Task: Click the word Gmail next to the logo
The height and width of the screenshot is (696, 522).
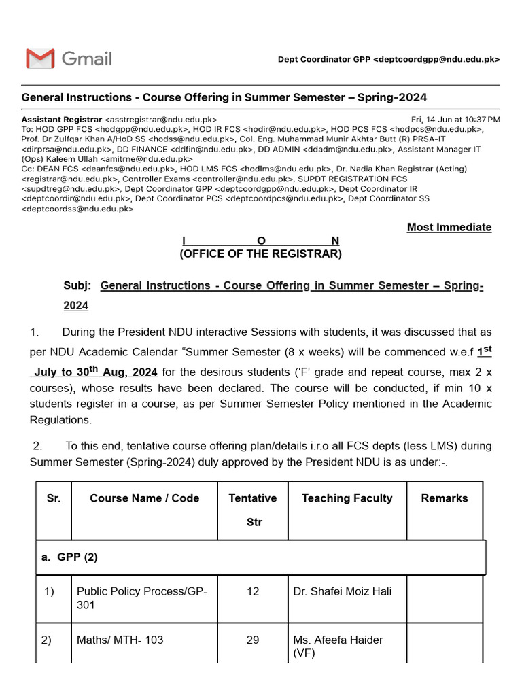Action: pos(86,58)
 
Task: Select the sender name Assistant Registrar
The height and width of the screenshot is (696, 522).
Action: pos(62,119)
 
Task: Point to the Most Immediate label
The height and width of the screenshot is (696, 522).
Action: pos(449,227)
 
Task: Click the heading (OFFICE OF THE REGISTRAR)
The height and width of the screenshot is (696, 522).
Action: pos(260,254)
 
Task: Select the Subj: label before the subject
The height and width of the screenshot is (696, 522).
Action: pos(77,286)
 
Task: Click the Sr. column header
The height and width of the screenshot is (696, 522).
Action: pos(54,498)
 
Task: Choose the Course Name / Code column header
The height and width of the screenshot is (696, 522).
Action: pos(144,498)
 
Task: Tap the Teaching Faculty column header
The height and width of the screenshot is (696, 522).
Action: pos(347,498)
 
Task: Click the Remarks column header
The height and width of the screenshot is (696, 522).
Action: pos(445,498)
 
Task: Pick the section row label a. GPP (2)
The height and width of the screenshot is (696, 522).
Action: pos(69,557)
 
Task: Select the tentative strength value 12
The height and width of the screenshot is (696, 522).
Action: pos(253,592)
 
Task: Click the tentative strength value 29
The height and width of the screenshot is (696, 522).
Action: pos(253,640)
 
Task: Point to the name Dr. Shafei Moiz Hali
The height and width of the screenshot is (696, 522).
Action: pos(342,592)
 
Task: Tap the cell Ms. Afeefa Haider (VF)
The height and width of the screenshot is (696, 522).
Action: pos(338,646)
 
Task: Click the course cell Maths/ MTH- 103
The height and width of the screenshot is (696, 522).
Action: pos(120,640)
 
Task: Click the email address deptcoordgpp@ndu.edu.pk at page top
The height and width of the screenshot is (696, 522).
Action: pos(436,60)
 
